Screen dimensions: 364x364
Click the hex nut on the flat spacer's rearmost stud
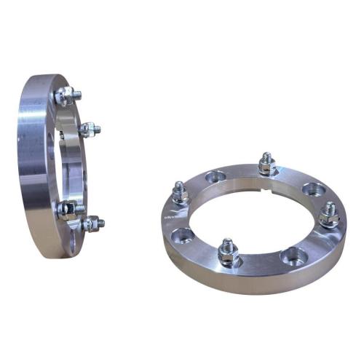[266, 167]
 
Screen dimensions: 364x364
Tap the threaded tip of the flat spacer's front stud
[228, 242]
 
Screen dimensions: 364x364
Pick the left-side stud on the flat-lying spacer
[180, 193]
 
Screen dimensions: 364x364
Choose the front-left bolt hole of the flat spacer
[183, 234]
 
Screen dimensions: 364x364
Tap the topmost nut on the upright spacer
[66, 95]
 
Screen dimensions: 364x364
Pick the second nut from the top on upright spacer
[89, 130]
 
